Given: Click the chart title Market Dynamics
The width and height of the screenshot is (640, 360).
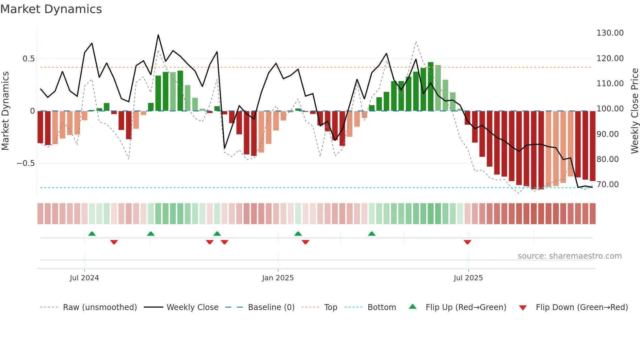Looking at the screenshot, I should coord(51,9).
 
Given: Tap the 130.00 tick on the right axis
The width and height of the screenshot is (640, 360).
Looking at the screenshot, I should coord(610,33).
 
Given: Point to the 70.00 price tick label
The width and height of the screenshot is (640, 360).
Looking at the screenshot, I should coord(607,185).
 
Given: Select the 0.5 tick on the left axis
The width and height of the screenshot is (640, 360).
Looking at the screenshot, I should coord(28,59).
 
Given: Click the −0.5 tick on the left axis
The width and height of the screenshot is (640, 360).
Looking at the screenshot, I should coord(25,163).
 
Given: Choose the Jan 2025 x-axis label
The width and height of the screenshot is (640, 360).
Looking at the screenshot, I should coord(278,278).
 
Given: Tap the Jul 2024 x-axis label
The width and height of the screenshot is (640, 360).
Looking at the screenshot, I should coord(84,278).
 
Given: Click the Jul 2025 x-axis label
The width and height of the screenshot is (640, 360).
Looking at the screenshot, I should coord(468,278).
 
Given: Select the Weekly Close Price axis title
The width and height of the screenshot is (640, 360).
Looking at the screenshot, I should coord(634,111).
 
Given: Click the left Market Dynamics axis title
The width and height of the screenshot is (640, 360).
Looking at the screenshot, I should coord(5,111).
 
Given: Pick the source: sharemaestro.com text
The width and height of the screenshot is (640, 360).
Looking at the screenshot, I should coord(569,256).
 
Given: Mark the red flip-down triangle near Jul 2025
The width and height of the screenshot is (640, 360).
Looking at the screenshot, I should coord(467,242).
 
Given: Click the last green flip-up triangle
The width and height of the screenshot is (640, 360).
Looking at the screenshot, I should coord(372,234).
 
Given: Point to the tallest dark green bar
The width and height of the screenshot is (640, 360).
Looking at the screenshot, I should coord(431,87).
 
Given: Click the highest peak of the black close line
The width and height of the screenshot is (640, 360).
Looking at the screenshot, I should coord(158,35).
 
